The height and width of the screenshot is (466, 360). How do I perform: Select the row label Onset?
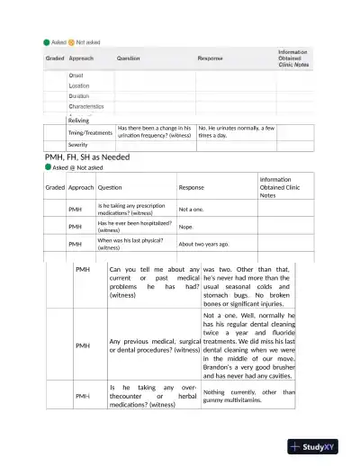[76, 75]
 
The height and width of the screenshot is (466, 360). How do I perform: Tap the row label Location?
[79, 85]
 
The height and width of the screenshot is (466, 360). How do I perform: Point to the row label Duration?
[79, 95]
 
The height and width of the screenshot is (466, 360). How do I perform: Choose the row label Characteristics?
[86, 106]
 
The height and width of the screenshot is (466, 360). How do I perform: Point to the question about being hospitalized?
[134, 226]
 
